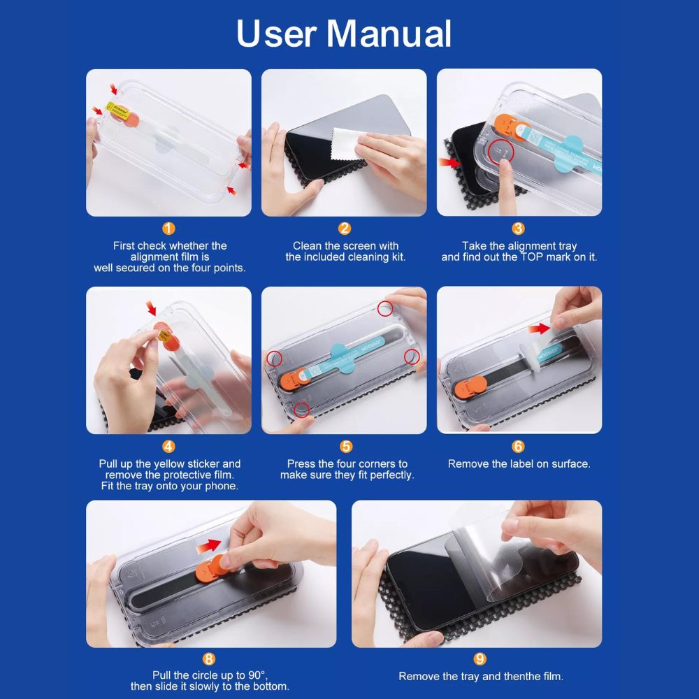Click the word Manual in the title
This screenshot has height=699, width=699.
[x=389, y=34]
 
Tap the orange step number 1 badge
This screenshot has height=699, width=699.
[x=168, y=229]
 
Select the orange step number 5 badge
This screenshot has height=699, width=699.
[x=346, y=446]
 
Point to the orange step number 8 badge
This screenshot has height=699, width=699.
[x=208, y=659]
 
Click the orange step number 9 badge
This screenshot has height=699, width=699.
[x=480, y=659]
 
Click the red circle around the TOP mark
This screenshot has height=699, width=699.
[x=501, y=152]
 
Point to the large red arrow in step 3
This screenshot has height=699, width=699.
[x=449, y=162]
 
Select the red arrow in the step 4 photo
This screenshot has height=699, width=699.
[x=152, y=308]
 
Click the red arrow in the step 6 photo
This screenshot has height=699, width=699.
[x=539, y=329]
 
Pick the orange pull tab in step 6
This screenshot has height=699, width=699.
[x=470, y=387]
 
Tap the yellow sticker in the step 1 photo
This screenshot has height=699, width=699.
[x=117, y=110]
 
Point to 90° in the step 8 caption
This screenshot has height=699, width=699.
[x=257, y=675]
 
